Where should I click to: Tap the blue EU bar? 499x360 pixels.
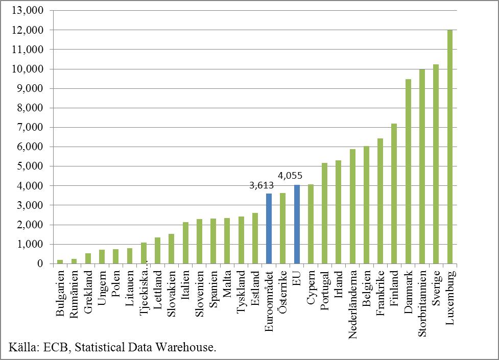(x=297, y=225)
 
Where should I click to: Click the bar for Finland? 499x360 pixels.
(x=394, y=194)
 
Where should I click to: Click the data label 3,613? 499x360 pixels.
(x=262, y=186)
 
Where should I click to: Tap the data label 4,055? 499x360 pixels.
(x=290, y=176)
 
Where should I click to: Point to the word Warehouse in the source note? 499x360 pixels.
(x=185, y=348)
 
